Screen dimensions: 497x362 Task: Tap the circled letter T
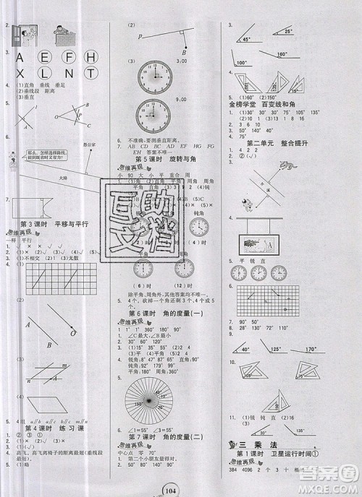point(91,72)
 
